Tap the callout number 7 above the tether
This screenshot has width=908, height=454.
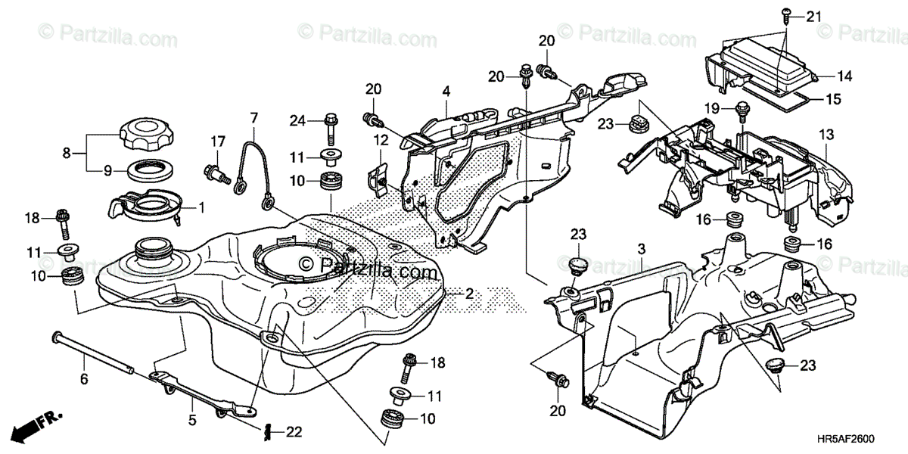coord(253,118)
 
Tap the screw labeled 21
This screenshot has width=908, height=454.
coord(785,15)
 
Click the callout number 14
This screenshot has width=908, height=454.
coord(844,76)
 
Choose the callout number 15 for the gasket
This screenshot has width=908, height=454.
coord(832,98)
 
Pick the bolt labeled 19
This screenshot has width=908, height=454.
coord(742,110)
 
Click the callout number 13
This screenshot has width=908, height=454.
coord(824,135)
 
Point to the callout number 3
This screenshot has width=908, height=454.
coord(641,248)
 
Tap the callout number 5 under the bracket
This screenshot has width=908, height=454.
coord(192,418)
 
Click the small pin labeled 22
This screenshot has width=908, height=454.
coord(269,432)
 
